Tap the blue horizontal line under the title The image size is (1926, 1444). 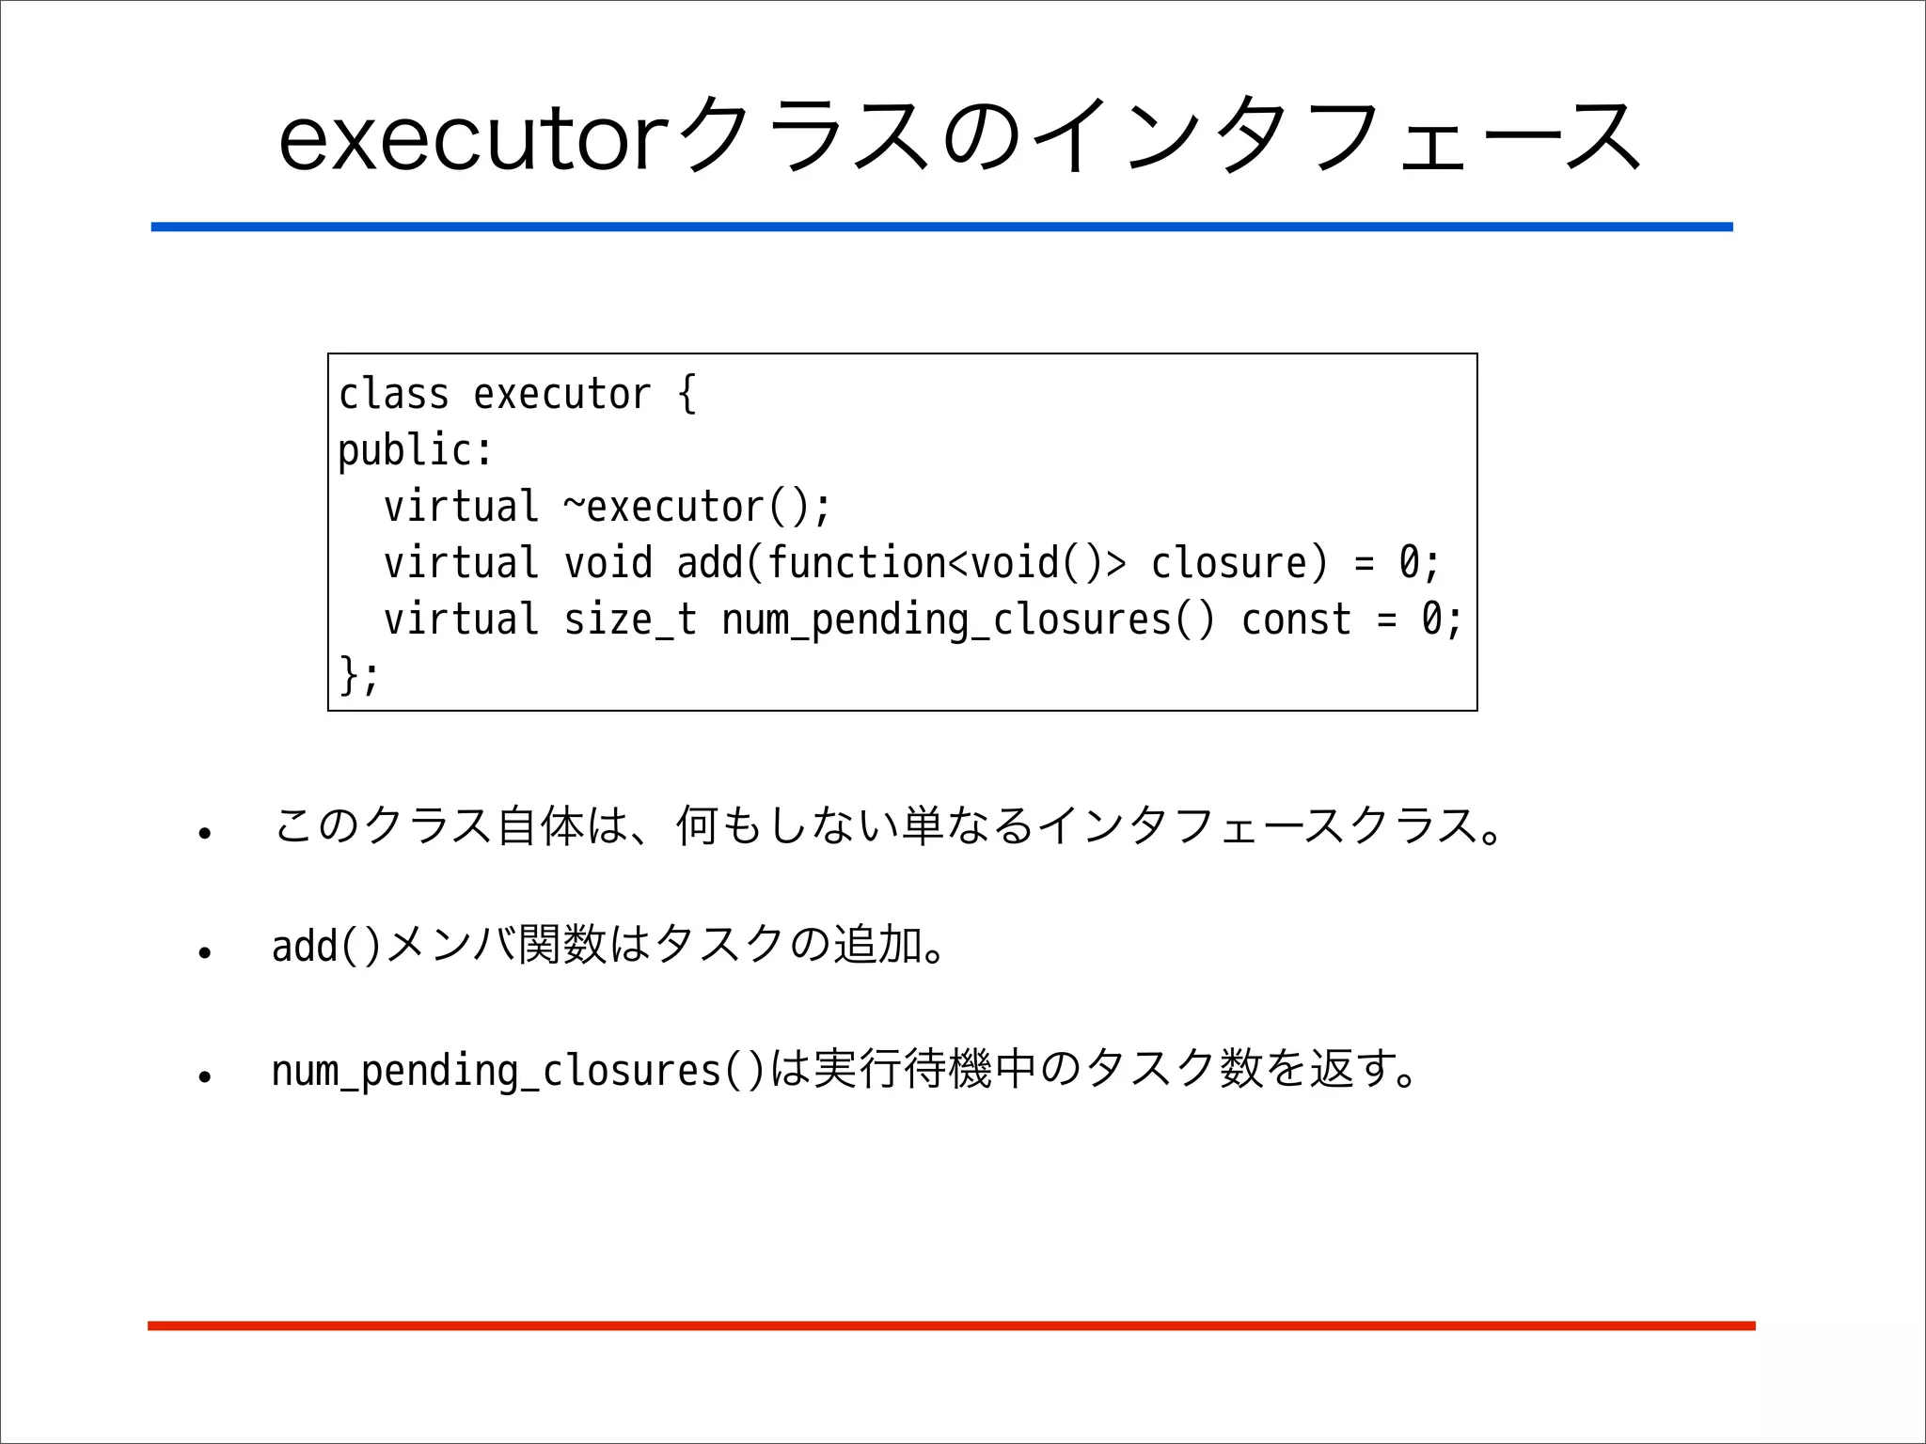point(940,227)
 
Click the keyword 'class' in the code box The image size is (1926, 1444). point(393,394)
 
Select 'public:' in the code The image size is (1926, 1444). point(415,450)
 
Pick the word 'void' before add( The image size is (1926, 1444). point(608,563)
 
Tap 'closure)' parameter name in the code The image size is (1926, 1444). point(1239,563)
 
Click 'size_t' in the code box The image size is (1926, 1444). point(629,620)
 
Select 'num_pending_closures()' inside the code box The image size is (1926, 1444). point(968,620)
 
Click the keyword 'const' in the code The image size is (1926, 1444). point(1295,620)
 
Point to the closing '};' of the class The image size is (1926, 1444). point(358,675)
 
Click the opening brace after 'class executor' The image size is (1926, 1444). point(687,394)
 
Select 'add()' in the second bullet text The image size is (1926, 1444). point(325,946)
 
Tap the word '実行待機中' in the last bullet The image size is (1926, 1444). point(925,1070)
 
